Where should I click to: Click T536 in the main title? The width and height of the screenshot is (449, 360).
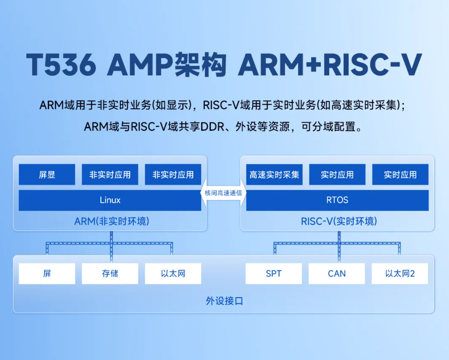(61, 64)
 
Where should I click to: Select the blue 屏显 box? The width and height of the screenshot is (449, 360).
(47, 174)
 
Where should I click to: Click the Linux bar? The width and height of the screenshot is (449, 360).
(110, 200)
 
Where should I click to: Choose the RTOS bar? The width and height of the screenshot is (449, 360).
(337, 200)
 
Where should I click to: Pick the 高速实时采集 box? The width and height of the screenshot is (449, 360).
(274, 174)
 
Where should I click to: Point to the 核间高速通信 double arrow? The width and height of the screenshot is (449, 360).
(223, 193)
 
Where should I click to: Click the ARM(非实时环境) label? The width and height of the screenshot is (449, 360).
(112, 221)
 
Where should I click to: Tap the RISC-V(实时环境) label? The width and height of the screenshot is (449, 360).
(339, 221)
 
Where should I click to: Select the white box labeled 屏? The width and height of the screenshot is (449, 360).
(47, 274)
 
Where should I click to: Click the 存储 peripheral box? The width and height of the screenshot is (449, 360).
(110, 274)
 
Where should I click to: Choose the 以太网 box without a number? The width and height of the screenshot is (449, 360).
(173, 274)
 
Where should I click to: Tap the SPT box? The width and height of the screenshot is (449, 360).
(274, 274)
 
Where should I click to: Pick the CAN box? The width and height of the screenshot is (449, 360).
(337, 274)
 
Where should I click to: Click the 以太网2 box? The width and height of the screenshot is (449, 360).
(400, 274)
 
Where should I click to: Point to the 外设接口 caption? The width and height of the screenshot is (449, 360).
(225, 301)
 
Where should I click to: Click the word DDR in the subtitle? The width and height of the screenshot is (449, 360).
(212, 127)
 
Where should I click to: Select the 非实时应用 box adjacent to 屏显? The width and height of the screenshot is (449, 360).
(110, 174)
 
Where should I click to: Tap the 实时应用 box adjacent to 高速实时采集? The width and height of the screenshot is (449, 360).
(337, 174)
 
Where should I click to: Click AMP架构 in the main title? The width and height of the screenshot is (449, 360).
(167, 64)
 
